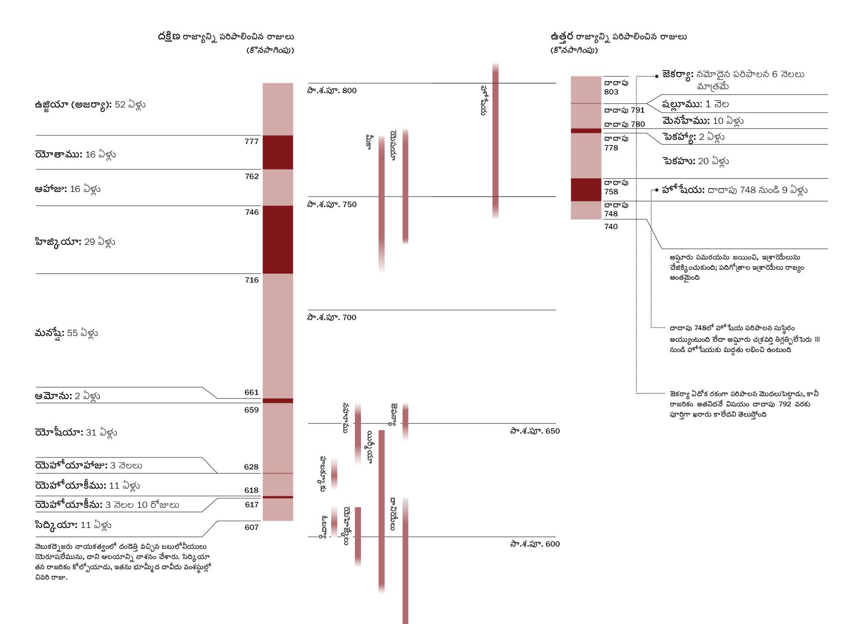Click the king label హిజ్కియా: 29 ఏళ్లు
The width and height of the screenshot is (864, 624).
pyautogui.click(x=75, y=241)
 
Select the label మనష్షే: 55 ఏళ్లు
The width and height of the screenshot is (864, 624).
pyautogui.click(x=66, y=333)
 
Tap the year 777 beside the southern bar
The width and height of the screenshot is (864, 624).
pyautogui.click(x=252, y=142)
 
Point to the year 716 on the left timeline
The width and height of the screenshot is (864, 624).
pyautogui.click(x=252, y=280)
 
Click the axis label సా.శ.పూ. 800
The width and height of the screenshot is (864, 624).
pyautogui.click(x=332, y=91)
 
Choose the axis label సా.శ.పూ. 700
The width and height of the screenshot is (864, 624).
pyautogui.click(x=332, y=317)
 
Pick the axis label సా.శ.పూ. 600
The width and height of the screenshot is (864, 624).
pyautogui.click(x=535, y=544)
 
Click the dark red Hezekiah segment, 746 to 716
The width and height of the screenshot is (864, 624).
pyautogui.click(x=277, y=240)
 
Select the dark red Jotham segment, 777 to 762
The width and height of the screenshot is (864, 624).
pyautogui.click(x=277, y=152)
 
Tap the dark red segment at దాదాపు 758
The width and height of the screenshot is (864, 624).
pyautogui.click(x=586, y=190)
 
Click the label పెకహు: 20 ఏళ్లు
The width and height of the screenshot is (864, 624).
pyautogui.click(x=696, y=161)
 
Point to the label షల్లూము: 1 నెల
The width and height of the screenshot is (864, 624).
pyautogui.click(x=696, y=104)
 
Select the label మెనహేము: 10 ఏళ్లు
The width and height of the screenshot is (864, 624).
pyautogui.click(x=703, y=120)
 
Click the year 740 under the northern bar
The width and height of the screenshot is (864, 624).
pyautogui.click(x=611, y=227)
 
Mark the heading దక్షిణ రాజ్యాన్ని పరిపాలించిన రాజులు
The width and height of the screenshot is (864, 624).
pyautogui.click(x=226, y=37)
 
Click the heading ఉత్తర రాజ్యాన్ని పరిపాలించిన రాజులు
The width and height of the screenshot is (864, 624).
pyautogui.click(x=618, y=37)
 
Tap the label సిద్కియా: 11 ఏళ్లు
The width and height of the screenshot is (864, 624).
pyautogui.click(x=73, y=525)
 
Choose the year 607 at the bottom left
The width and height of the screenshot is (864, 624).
pyautogui.click(x=252, y=527)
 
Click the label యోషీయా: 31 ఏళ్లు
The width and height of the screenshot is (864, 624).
pyautogui.click(x=76, y=432)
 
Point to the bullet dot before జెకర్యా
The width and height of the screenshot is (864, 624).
pyautogui.click(x=657, y=76)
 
